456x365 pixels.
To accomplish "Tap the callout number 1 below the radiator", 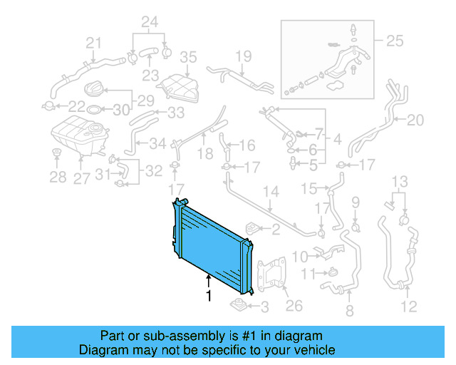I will tap(209, 294).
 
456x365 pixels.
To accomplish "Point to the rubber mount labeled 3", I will tap(239, 307).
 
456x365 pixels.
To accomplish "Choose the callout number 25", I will tap(394, 41).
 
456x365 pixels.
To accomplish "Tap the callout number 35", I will tap(187, 57).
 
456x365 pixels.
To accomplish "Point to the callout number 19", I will tap(244, 55).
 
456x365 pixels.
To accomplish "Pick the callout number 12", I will tap(408, 308).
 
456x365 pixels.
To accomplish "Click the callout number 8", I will tap(349, 310).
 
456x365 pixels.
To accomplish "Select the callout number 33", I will tap(175, 113).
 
